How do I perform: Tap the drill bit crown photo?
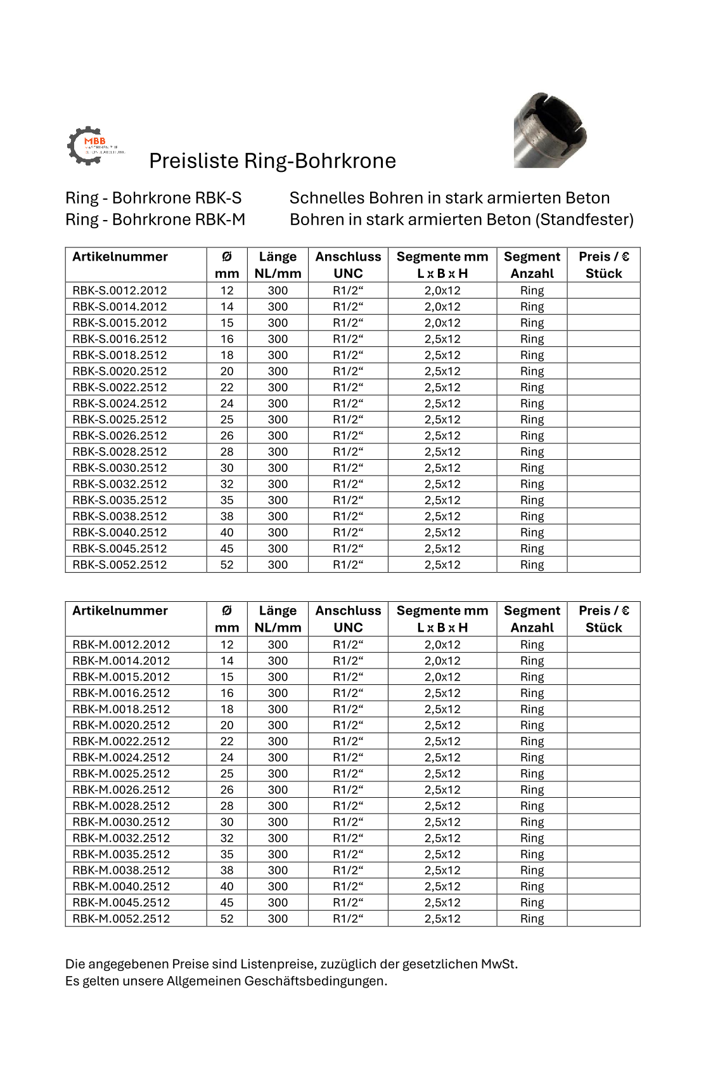tap(549, 130)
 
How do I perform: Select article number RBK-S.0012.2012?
tap(120, 290)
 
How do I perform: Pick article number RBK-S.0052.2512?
tap(120, 564)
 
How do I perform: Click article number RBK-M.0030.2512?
tap(121, 822)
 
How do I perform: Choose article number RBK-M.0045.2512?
tap(121, 902)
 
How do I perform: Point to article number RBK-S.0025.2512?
tap(120, 419)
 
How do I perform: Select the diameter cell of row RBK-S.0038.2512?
tap(227, 516)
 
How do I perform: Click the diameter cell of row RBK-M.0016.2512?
tap(227, 693)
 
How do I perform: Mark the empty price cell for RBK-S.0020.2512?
tap(603, 371)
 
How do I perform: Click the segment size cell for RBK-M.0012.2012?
tap(442, 644)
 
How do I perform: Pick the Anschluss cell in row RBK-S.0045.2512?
tap(348, 549)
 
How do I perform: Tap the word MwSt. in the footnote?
tap(499, 964)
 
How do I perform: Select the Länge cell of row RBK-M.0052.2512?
tap(278, 918)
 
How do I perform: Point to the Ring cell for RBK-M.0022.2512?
tap(532, 741)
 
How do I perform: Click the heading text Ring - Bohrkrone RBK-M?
tap(155, 219)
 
